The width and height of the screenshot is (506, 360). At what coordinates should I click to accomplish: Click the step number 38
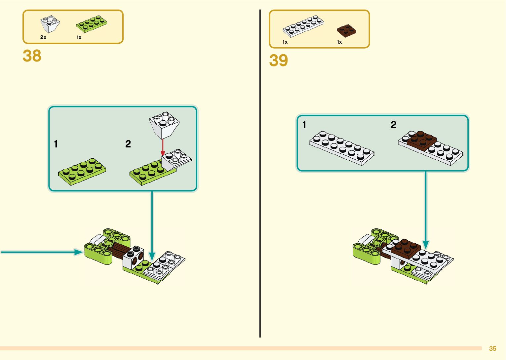point(32,56)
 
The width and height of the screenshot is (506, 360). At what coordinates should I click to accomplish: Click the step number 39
point(278,60)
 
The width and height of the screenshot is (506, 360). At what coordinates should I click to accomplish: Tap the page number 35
point(492,348)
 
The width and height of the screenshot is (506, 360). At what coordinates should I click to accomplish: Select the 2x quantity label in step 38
point(43,37)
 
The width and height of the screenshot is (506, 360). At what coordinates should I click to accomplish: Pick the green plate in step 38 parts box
point(92,24)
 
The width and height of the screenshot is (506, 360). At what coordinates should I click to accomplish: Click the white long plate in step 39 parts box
point(303,26)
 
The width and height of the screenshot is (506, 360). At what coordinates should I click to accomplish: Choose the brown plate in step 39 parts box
point(346,30)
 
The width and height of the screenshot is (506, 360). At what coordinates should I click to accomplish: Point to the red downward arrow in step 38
point(163,147)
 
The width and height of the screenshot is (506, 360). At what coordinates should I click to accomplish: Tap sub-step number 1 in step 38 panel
point(56,144)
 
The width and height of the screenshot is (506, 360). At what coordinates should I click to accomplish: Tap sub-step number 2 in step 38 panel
point(128,144)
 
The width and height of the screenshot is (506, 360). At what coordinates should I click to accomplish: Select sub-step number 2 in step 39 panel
point(393,125)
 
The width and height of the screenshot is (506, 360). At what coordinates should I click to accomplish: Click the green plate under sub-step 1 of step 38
point(82,172)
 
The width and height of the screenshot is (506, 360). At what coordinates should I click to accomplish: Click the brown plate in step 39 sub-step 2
point(419,140)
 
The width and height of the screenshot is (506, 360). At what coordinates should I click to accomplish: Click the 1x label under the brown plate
point(339,42)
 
